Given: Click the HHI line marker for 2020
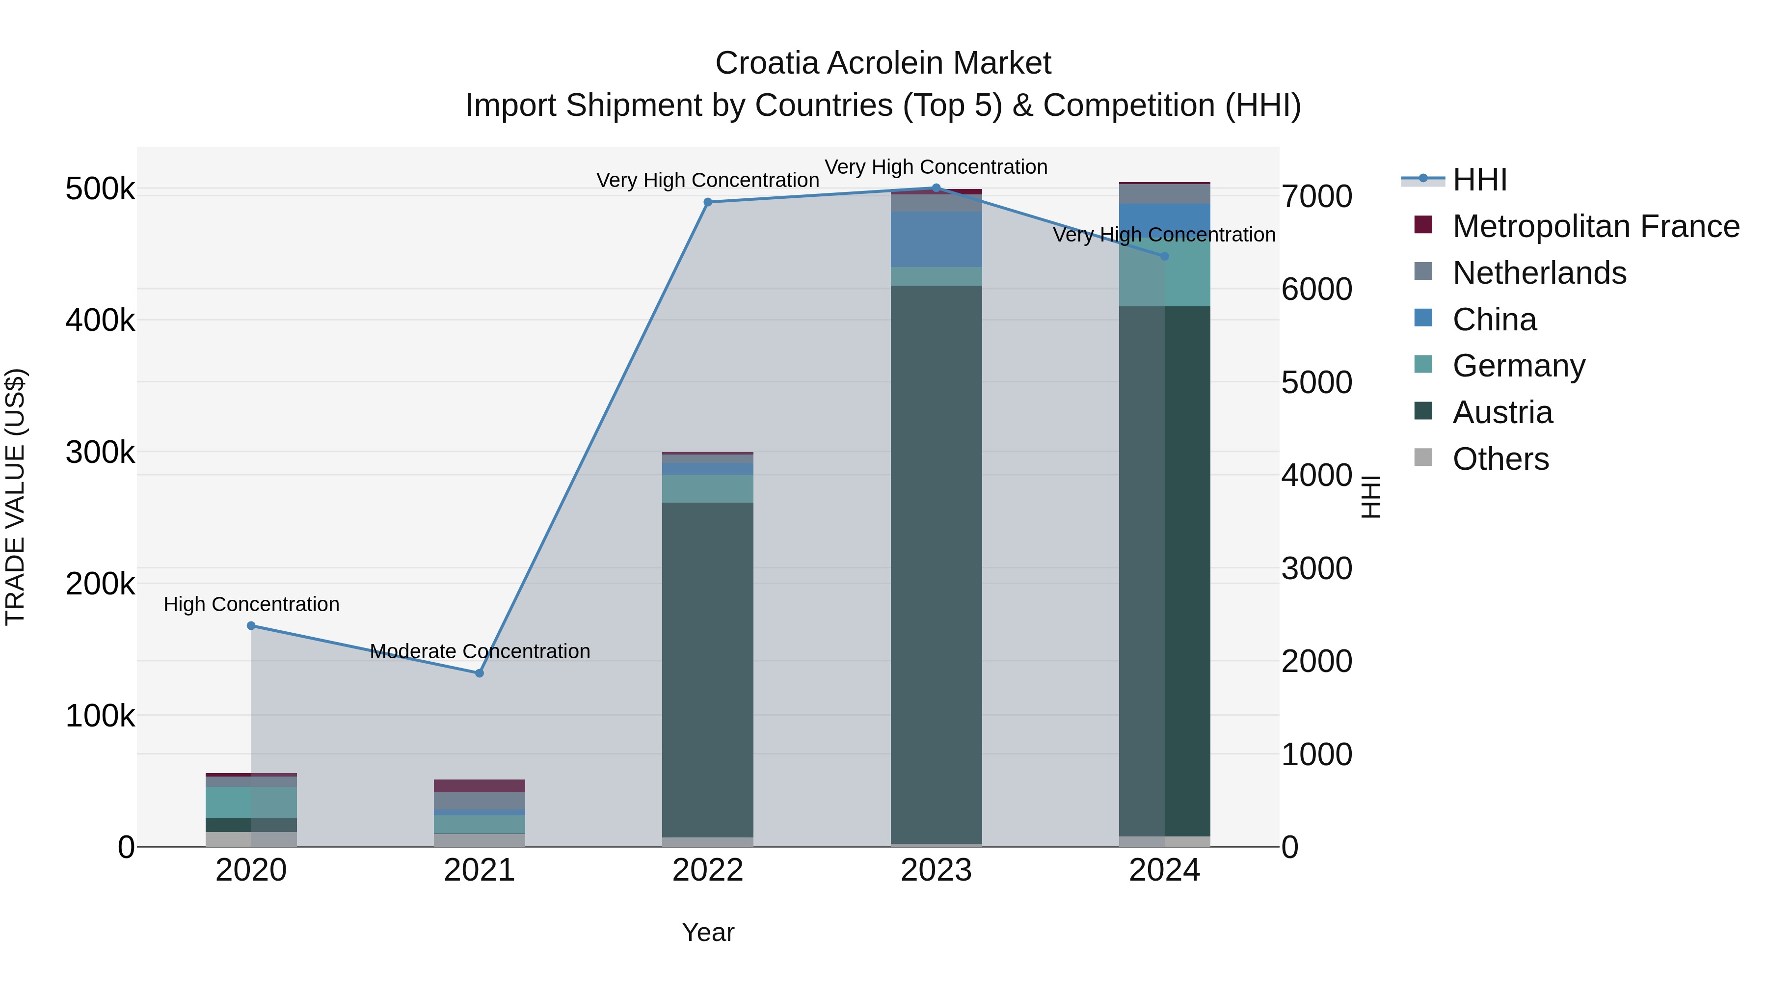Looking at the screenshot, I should tap(251, 626).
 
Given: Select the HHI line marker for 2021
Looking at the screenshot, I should tap(480, 673).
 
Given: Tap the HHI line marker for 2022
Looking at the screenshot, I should tap(708, 202).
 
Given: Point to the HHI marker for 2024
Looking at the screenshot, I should tap(1164, 256).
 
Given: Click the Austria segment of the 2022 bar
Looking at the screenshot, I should tap(707, 669).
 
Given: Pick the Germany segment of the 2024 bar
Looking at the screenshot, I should tap(1164, 274).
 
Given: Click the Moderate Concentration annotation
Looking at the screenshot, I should tap(480, 651).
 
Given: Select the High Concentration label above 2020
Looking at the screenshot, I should tap(251, 604).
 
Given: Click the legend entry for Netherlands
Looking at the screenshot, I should tap(1539, 273).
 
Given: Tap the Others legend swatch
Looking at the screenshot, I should tap(1423, 457).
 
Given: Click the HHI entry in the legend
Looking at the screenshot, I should tap(1479, 180).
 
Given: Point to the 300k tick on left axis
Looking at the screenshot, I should tap(100, 452).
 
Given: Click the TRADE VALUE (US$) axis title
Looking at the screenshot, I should tap(15, 497).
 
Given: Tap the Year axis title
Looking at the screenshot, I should tap(708, 932).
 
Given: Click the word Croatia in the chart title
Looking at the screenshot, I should tap(767, 63).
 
